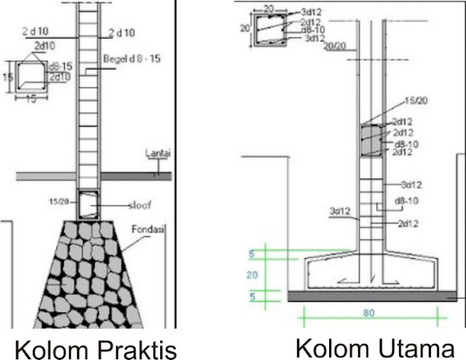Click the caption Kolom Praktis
95,348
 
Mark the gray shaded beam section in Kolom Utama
373,140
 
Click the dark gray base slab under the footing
371,296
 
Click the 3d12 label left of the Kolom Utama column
340,212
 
